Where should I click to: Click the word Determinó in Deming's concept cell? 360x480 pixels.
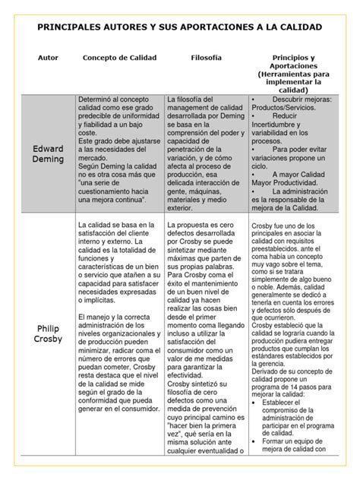click(97, 99)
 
